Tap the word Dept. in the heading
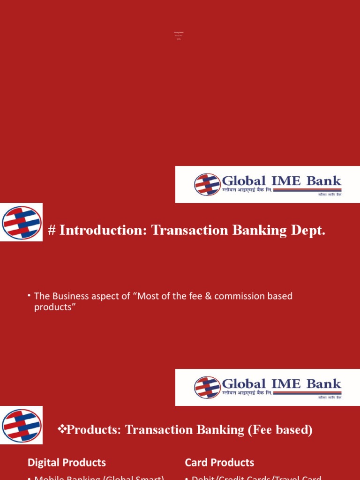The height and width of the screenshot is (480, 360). click(x=307, y=230)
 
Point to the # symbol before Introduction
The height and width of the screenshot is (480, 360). click(x=52, y=230)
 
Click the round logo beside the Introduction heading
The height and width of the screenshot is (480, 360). click(x=22, y=223)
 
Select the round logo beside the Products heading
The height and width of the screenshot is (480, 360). click(x=22, y=425)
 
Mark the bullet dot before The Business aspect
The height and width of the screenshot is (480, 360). click(x=29, y=295)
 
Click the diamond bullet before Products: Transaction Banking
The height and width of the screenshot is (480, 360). click(x=62, y=429)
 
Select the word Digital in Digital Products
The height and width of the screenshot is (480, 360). click(x=44, y=463)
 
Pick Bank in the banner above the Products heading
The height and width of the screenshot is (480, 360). click(x=323, y=384)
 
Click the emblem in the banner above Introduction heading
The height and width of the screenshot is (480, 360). click(x=207, y=184)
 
